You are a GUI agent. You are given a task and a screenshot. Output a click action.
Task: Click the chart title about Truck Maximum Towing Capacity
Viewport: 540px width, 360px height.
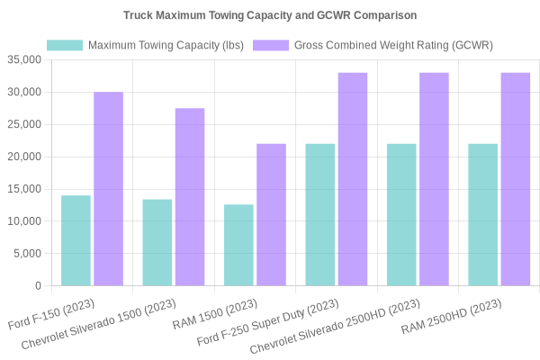click(x=270, y=15)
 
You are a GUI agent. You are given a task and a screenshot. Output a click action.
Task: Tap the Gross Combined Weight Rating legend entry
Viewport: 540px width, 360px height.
click(x=373, y=45)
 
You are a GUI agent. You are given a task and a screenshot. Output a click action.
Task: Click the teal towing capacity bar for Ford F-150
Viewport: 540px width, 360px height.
click(x=76, y=240)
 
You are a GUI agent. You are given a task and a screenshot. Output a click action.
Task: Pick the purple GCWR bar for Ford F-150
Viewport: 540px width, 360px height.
click(x=109, y=189)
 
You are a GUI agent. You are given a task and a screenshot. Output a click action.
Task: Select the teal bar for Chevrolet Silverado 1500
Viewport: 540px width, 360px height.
click(x=157, y=242)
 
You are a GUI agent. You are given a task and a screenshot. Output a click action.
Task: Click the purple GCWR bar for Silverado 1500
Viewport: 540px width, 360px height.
click(x=190, y=197)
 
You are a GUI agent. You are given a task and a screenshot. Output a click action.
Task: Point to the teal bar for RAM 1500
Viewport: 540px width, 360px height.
click(x=238, y=245)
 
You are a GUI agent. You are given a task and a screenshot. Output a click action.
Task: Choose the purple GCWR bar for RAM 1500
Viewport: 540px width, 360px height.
click(x=271, y=215)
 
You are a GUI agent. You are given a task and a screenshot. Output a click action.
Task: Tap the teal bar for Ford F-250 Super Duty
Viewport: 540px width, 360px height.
click(x=319, y=215)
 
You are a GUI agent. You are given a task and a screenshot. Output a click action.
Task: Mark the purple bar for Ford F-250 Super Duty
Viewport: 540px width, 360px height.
click(x=353, y=179)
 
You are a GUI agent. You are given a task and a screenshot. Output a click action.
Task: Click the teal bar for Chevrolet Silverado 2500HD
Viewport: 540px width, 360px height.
click(x=401, y=215)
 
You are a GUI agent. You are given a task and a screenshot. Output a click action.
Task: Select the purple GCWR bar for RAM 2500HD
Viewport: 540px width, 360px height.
click(x=515, y=179)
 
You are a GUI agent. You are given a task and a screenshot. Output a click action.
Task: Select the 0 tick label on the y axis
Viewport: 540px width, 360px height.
click(x=38, y=286)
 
